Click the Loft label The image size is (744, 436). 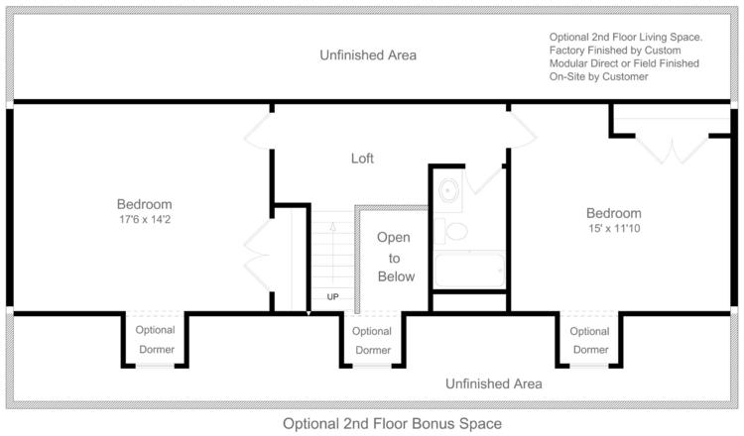click(362, 159)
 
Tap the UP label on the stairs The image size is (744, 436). click(332, 296)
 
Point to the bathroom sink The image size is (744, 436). click(447, 190)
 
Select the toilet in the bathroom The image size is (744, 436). click(455, 232)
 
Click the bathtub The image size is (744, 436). click(469, 271)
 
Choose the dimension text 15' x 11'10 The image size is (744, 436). click(613, 228)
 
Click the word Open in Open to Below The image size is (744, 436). click(393, 238)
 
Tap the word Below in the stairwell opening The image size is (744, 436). click(395, 276)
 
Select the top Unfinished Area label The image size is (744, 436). click(368, 55)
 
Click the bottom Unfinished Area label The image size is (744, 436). click(493, 383)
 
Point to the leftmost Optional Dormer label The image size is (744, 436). click(155, 340)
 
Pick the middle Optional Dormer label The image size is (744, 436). click(372, 341)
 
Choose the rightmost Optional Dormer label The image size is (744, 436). click(590, 340)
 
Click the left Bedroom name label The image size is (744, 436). click(145, 204)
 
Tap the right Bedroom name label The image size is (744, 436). click(613, 212)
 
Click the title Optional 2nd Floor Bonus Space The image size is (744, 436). click(392, 423)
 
